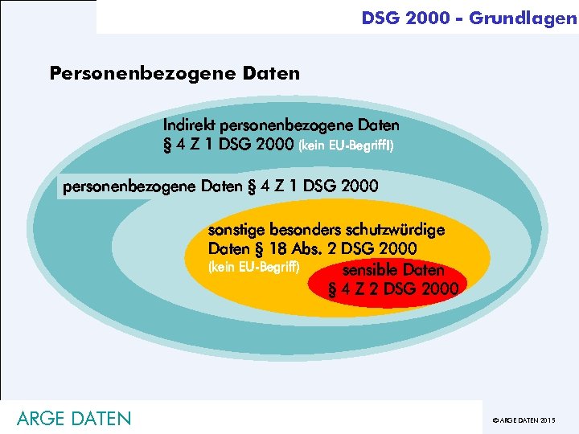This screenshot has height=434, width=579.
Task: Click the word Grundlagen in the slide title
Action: pos(523,17)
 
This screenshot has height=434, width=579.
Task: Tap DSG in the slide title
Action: pos(381,17)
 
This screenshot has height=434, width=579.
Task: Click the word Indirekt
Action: pos(189,125)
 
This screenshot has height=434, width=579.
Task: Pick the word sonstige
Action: pos(234,230)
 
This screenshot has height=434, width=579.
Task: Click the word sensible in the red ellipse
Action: pos(369,270)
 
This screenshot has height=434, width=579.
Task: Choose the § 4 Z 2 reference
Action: pos(354,289)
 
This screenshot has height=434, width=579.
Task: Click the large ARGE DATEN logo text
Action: pos(73,419)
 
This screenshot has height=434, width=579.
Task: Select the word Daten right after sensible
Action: pos(423,270)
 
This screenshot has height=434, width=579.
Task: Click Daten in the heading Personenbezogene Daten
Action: pos(269,74)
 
